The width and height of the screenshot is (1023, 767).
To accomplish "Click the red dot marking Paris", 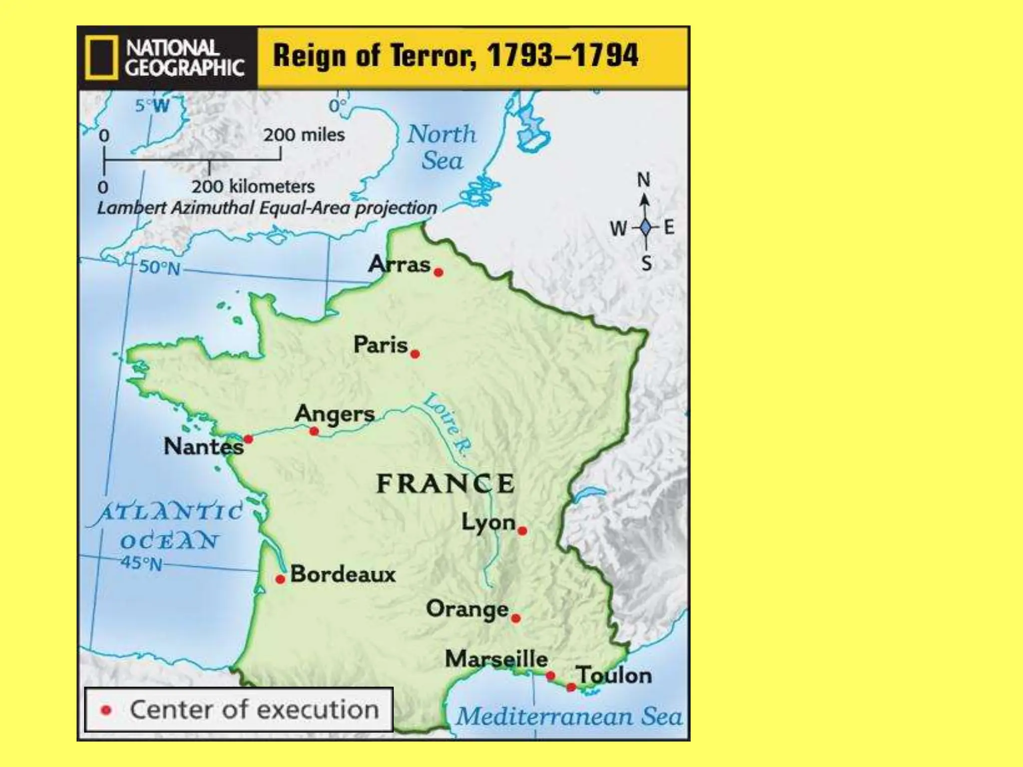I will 415,354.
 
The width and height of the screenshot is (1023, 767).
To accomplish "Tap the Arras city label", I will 399,264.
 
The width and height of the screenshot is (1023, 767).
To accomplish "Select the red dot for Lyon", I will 522,531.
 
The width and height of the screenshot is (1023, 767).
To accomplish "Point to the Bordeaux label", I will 343,574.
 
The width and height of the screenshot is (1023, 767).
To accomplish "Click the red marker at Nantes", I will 248,439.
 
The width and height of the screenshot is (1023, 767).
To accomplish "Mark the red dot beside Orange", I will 516,619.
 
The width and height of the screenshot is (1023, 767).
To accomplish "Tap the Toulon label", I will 614,676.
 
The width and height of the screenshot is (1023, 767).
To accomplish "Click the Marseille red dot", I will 550,676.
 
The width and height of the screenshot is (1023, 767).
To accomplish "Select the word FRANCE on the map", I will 445,484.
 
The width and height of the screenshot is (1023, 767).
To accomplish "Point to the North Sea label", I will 442,147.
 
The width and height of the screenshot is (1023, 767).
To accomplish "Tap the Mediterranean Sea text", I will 569,717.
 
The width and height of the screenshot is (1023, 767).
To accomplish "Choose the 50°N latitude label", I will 159,268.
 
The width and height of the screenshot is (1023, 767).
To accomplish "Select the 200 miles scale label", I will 304,135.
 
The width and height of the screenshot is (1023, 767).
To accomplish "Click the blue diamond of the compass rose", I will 645,228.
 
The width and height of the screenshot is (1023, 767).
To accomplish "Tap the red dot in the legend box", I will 106,710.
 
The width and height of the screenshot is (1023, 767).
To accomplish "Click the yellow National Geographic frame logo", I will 101,57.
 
